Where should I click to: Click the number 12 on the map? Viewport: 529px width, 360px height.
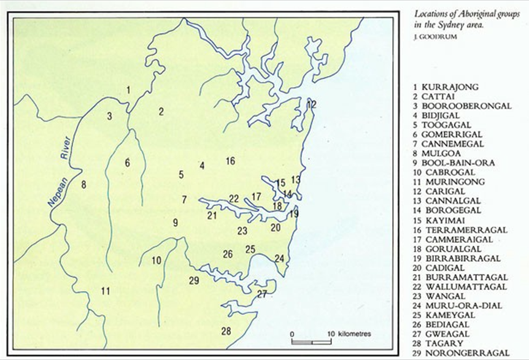pos(311,104)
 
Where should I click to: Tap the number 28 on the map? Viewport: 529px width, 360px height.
pos(226,331)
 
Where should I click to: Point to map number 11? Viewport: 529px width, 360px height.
pos(106,291)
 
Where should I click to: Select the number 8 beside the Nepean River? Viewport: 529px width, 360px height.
pos(83,184)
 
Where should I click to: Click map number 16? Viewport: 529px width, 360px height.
pos(230,161)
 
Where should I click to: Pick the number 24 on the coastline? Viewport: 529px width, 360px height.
pos(280,258)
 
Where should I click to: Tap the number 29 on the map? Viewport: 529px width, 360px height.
pos(195,281)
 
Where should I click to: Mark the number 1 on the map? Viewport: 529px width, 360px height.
pos(128,90)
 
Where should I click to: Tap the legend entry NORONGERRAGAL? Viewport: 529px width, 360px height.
pos(465,353)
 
